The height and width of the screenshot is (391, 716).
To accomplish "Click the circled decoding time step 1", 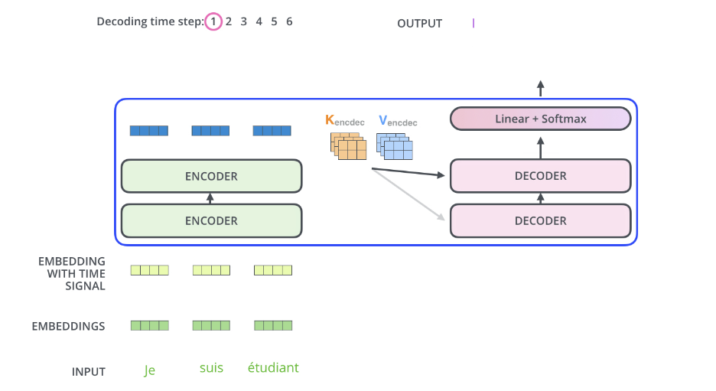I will pyautogui.click(x=213, y=22).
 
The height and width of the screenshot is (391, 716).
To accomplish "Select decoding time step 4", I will pyautogui.click(x=259, y=22).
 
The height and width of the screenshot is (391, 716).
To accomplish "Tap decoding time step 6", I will pyautogui.click(x=289, y=22).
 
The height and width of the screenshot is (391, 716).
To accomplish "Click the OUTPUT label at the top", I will pyautogui.click(x=419, y=24).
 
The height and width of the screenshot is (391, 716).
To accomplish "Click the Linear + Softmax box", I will pyautogui.click(x=540, y=119).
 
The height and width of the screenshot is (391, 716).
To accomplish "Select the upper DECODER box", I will pyautogui.click(x=540, y=176).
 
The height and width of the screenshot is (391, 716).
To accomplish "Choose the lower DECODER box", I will pyautogui.click(x=540, y=221).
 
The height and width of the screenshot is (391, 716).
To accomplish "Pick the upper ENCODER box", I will pyautogui.click(x=211, y=176).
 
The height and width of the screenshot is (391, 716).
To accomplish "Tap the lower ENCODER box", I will pyautogui.click(x=211, y=221).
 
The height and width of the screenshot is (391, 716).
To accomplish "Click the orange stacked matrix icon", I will pyautogui.click(x=348, y=145).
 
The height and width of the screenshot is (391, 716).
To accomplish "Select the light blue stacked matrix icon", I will pyautogui.click(x=394, y=145).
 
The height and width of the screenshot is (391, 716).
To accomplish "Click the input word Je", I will pyautogui.click(x=150, y=370).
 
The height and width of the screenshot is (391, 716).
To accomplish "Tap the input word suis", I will pyautogui.click(x=211, y=368).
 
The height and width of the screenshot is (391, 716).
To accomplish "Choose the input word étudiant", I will pyautogui.click(x=273, y=368).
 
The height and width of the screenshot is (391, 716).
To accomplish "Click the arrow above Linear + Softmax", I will pyautogui.click(x=540, y=88).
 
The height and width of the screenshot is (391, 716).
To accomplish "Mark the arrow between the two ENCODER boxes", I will pyautogui.click(x=211, y=199).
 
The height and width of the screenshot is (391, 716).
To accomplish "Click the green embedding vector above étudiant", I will pyautogui.click(x=273, y=325).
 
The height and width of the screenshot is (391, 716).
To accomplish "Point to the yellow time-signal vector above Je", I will pyautogui.click(x=149, y=269).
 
